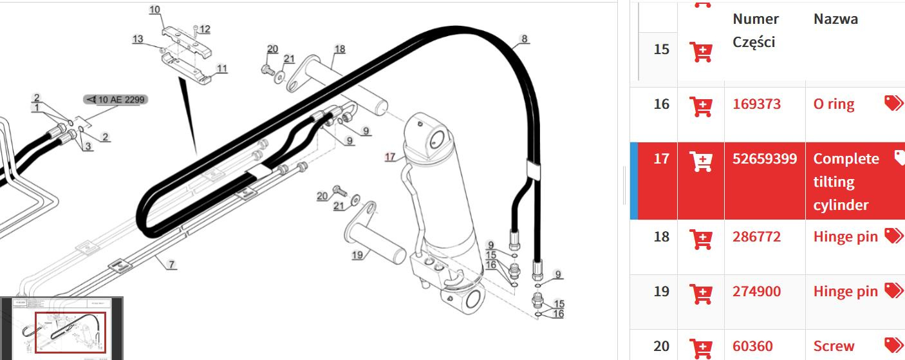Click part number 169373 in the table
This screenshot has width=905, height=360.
click(756, 104)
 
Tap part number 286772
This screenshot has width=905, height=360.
click(756, 237)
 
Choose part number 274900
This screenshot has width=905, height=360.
click(756, 292)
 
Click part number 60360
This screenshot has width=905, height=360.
click(752, 346)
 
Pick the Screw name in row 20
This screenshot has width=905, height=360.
click(834, 346)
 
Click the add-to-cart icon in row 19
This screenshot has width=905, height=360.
click(700, 293)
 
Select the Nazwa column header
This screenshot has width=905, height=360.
click(835, 19)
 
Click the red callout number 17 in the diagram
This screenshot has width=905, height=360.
click(389, 156)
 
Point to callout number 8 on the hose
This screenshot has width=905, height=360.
click(525, 39)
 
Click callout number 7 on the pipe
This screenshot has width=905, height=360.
click(171, 265)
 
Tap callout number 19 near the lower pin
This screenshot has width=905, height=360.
click(357, 255)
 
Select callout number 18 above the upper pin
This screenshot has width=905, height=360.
click(339, 49)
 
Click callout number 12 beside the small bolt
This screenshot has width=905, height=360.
click(205, 29)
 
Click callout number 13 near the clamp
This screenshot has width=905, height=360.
click(138, 39)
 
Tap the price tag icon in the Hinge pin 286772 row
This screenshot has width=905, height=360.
click(893, 236)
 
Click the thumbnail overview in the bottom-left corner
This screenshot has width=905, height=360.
click(62, 328)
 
